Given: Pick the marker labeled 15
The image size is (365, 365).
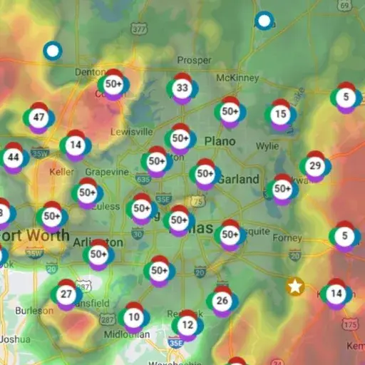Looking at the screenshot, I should pyautogui.click(x=280, y=114).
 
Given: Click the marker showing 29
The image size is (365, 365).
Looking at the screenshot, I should pyautogui.click(x=314, y=166).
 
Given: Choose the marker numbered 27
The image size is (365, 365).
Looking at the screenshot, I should pyautogui.click(x=66, y=294).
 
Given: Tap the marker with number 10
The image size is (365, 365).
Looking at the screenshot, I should pyautogui.click(x=133, y=317).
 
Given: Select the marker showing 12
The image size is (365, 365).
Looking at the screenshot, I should pyautogui.click(x=187, y=325).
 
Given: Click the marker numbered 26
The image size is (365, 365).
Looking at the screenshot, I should pyautogui.click(x=222, y=301).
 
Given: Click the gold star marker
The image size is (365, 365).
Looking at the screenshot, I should pyautogui.click(x=294, y=287).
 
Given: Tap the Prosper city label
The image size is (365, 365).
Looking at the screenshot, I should pyautogui.click(x=195, y=59).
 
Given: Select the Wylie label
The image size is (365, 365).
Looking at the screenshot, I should pyautogui.click(x=267, y=146).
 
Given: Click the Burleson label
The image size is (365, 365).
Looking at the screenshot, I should pyautogui.click(x=34, y=311).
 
